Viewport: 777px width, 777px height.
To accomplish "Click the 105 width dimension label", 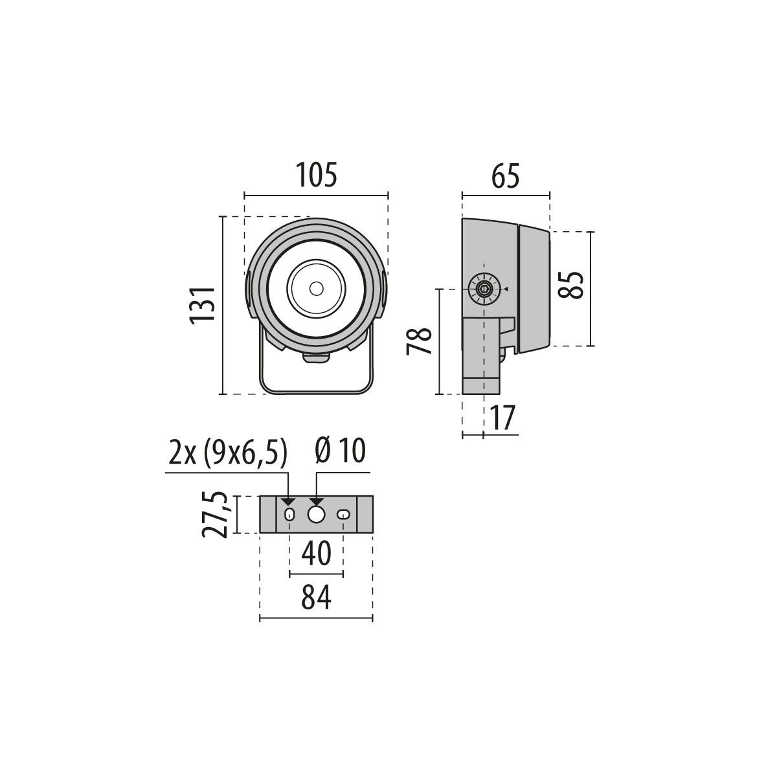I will tap(317, 175).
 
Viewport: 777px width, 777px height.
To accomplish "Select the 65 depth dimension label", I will tap(506, 175).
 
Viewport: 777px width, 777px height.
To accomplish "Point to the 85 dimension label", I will tap(573, 285).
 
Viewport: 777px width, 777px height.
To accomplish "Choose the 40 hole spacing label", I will tap(316, 554).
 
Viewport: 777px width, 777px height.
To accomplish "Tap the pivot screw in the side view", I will tap(484, 289).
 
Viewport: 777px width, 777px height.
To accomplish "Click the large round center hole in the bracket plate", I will tap(316, 515).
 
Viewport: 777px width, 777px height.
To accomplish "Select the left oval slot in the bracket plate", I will tap(289, 515).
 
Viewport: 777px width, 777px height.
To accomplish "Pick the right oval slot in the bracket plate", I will tap(343, 515).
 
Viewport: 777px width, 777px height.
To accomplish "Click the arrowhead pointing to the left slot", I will tap(289, 502).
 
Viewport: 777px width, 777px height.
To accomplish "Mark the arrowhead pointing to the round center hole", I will tap(316, 502).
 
